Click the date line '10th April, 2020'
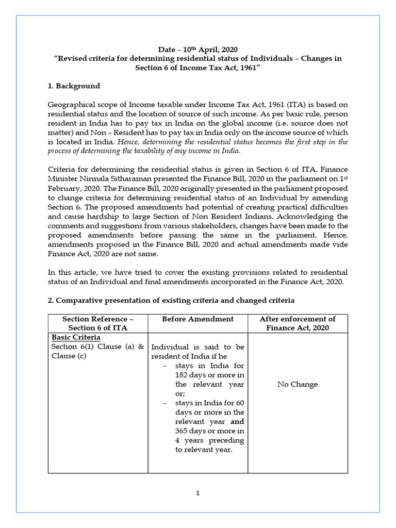click(198, 49)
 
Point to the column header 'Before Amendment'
click(197, 319)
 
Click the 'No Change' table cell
click(298, 384)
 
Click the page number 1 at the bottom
click(197, 493)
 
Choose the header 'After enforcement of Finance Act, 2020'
click(298, 323)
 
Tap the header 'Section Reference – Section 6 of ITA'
click(98, 323)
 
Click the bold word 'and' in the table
click(237, 421)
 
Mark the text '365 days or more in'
click(209, 431)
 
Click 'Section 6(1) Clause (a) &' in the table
click(97, 346)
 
